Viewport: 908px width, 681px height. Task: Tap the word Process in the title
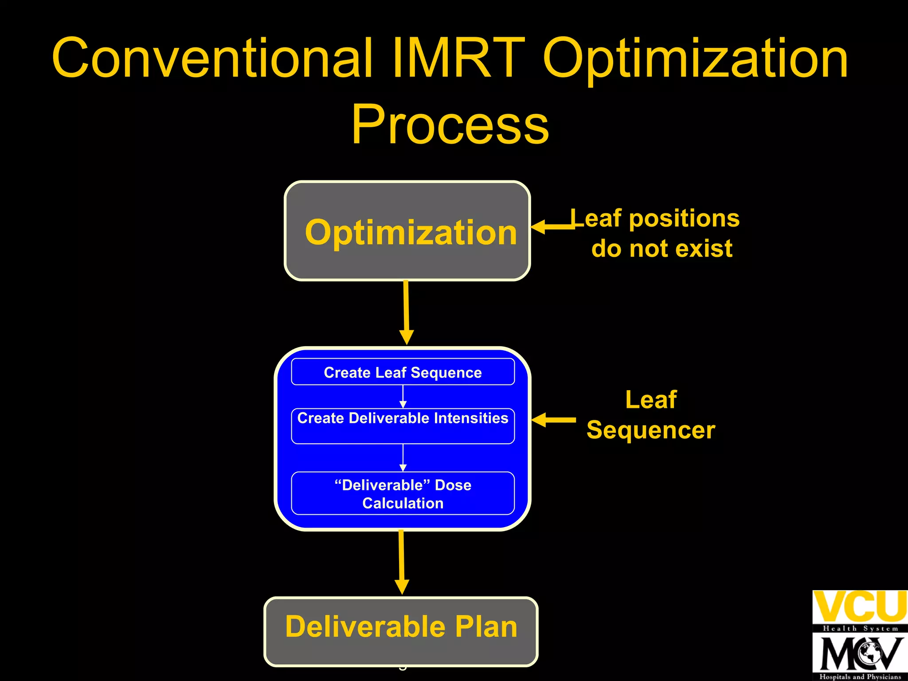click(x=450, y=125)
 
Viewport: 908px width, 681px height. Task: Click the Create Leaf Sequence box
click(x=403, y=372)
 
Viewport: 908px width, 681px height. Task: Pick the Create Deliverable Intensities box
click(x=403, y=426)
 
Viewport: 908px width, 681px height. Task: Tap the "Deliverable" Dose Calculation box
click(x=403, y=493)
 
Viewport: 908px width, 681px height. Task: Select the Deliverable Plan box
click(x=401, y=631)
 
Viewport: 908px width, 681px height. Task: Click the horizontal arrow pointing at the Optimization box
click(x=552, y=227)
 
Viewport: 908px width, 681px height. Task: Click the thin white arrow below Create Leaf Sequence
click(x=403, y=396)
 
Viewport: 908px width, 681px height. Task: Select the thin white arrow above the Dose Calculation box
click(x=403, y=458)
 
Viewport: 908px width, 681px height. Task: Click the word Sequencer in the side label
click(x=650, y=430)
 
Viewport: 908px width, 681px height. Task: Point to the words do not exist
click(x=661, y=248)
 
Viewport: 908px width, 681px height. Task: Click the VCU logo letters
click(x=860, y=607)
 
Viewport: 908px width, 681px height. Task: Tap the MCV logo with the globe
click(x=860, y=654)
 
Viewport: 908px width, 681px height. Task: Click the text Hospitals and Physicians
click(x=860, y=677)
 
